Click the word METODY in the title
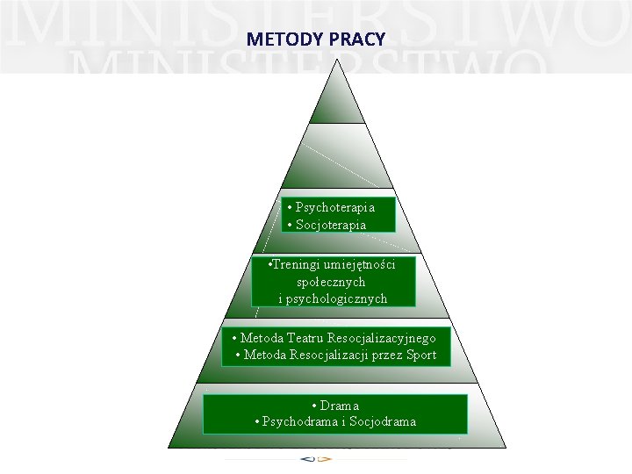pos(274,39)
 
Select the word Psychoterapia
pos(335,207)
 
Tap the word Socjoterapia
pos(331,225)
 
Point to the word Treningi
pos(296,264)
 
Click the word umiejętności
pos(359,264)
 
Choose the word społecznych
pos(332,282)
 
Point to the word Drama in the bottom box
pos(340,406)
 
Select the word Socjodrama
pos(382,421)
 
